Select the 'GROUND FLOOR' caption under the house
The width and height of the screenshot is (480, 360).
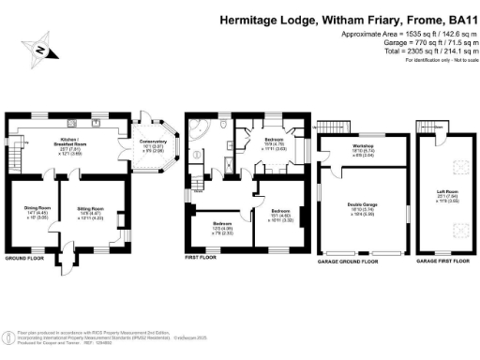[24, 257]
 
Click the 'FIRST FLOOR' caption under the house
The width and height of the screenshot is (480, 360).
[202, 256]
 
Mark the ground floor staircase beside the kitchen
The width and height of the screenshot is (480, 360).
[14, 146]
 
